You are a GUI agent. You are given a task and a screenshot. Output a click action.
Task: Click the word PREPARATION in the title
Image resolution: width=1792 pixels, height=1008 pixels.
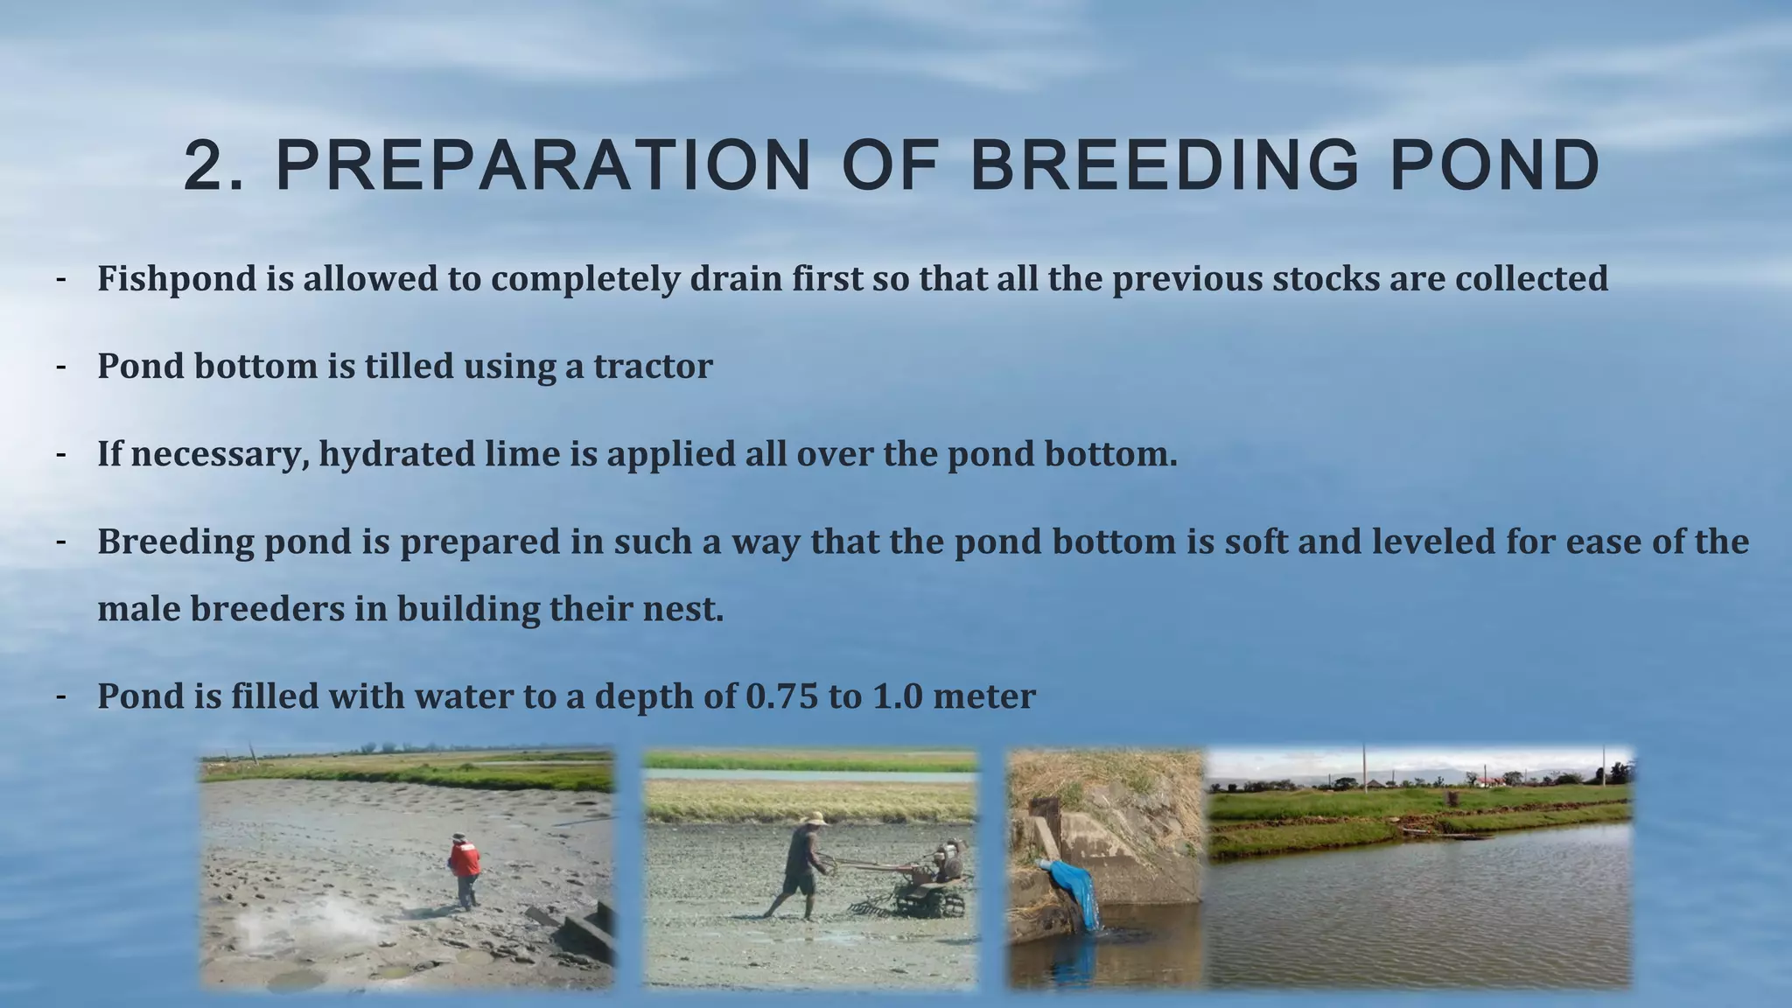coord(542,166)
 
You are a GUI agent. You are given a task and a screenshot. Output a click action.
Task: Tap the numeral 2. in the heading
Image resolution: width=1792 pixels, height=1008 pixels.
coord(213,166)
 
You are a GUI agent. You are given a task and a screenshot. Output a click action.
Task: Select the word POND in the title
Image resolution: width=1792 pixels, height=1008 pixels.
coord(1494,166)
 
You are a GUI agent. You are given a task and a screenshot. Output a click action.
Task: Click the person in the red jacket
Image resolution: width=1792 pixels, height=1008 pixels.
coord(465,866)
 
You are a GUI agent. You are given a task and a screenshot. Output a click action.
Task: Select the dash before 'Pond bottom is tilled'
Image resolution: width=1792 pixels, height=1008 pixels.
coord(60,366)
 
